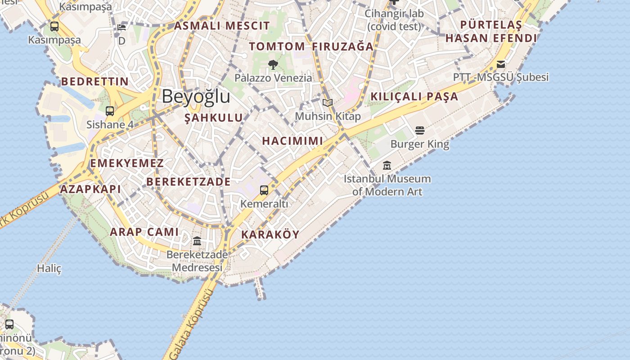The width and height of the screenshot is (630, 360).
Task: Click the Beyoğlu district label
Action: (x=196, y=97)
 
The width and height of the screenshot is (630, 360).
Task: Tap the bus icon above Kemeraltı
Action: (x=264, y=190)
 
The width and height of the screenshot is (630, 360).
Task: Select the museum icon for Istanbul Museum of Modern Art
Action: (x=387, y=166)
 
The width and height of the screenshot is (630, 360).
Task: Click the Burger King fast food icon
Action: (x=420, y=130)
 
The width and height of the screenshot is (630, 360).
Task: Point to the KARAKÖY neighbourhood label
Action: (x=270, y=234)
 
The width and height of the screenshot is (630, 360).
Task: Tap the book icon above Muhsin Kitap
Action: (x=328, y=103)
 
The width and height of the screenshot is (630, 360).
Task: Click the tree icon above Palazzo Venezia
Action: (x=273, y=65)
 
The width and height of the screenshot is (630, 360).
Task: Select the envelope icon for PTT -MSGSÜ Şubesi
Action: (x=501, y=64)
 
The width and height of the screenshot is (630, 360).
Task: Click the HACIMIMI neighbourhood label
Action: (x=292, y=141)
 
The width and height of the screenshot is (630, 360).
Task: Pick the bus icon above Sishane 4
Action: (x=110, y=111)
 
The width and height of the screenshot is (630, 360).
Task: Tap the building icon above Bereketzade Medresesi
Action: (x=197, y=241)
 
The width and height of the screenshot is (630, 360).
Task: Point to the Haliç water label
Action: (x=49, y=269)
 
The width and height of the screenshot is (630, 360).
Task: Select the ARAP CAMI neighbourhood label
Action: (x=144, y=232)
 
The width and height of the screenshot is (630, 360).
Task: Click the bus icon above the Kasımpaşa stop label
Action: (x=54, y=27)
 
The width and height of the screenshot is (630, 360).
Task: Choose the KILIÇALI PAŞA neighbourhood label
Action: (x=414, y=96)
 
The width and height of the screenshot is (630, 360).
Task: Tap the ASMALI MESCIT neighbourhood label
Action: (x=222, y=26)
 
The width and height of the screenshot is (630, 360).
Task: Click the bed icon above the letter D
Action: (x=121, y=27)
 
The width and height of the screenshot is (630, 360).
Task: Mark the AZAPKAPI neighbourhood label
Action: (x=90, y=189)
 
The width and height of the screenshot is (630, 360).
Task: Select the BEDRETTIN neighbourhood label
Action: (x=95, y=81)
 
